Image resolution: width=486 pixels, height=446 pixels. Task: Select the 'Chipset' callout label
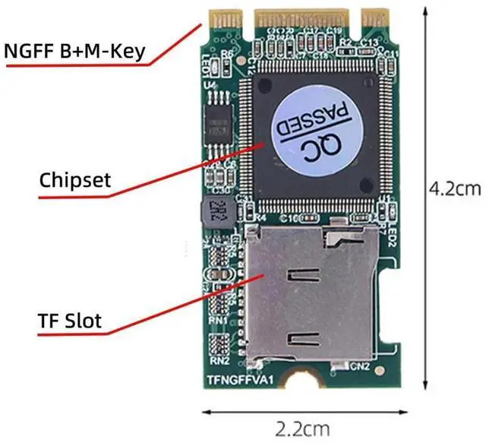click(75, 180)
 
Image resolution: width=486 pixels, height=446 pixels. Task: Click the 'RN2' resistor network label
click(220, 360)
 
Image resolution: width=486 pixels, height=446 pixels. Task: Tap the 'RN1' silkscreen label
click(220, 321)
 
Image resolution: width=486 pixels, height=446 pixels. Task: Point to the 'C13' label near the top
click(369, 42)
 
